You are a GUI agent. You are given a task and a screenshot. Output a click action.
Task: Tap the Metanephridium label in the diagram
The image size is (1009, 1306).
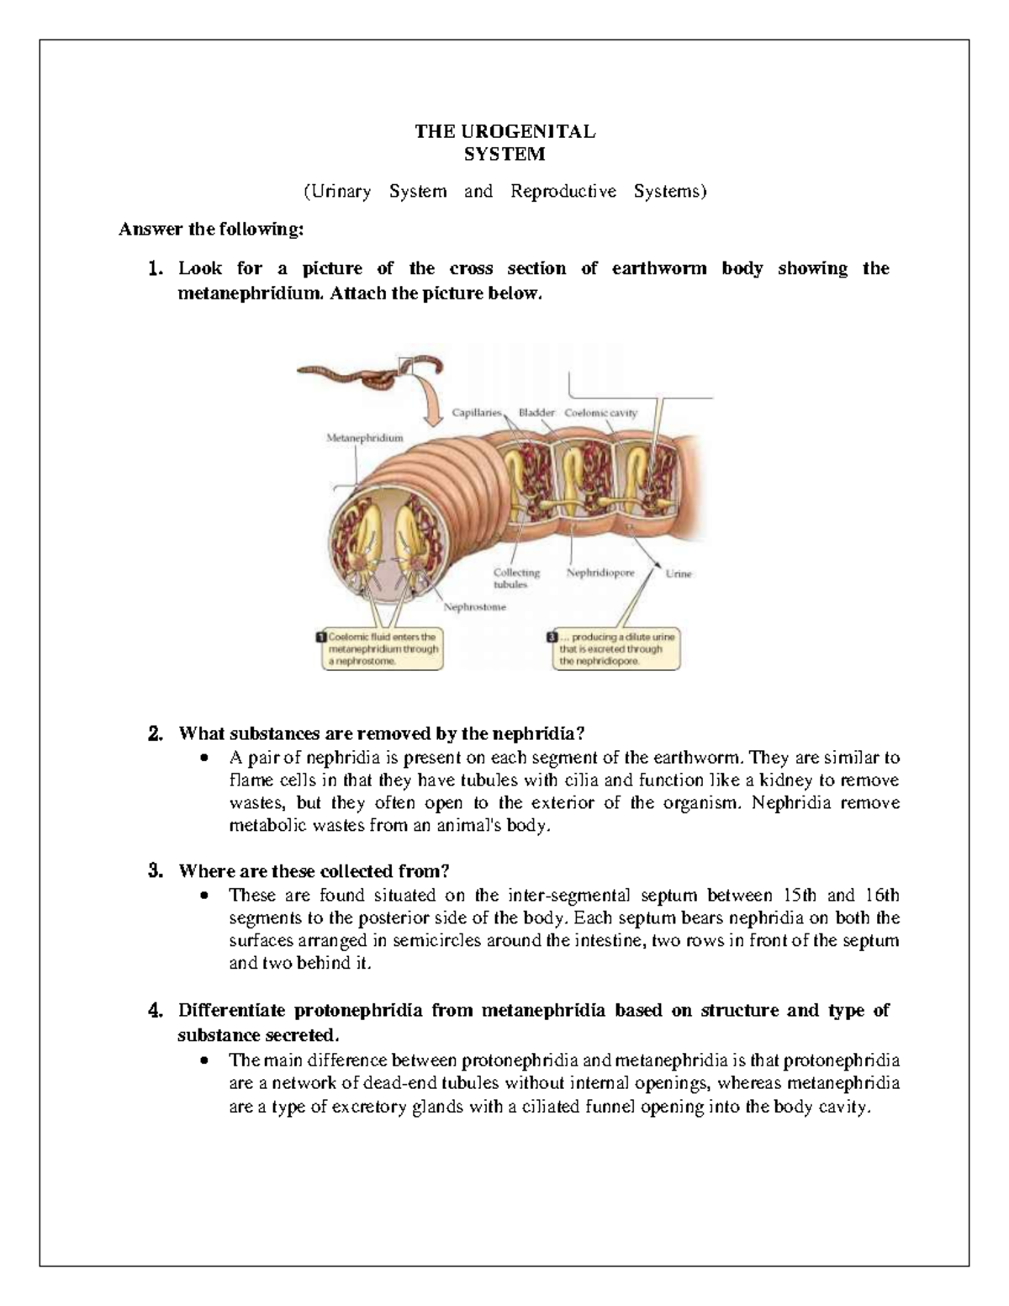[x=364, y=438]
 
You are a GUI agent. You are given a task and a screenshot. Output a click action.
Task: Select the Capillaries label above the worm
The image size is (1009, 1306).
[x=476, y=413]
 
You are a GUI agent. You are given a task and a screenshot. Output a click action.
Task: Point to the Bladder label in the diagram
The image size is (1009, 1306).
[x=536, y=413]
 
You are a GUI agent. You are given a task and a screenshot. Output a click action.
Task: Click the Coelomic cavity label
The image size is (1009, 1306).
[x=600, y=413]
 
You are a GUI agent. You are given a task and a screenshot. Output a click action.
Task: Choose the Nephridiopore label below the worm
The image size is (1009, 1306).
[x=600, y=573]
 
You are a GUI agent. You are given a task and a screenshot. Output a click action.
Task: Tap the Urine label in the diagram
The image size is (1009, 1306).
[x=679, y=574]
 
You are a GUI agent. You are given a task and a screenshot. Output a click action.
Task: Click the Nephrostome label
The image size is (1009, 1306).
[x=475, y=606]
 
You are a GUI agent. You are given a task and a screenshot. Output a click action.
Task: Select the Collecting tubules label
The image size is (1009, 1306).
[x=515, y=578]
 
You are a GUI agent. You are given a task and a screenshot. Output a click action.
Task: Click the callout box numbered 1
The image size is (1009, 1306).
[x=380, y=649]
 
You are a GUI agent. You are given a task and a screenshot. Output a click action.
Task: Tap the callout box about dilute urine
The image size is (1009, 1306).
[x=613, y=649]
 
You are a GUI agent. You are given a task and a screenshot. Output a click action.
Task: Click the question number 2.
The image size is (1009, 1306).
[x=155, y=734]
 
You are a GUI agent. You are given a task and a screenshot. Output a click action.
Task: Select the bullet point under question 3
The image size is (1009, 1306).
[x=204, y=896]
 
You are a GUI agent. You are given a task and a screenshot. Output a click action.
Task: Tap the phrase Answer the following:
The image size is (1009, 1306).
[x=211, y=229]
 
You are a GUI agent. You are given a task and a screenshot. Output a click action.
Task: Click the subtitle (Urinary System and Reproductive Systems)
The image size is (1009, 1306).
[x=504, y=192]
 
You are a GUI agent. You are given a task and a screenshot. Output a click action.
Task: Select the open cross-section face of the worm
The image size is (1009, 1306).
[x=387, y=555]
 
